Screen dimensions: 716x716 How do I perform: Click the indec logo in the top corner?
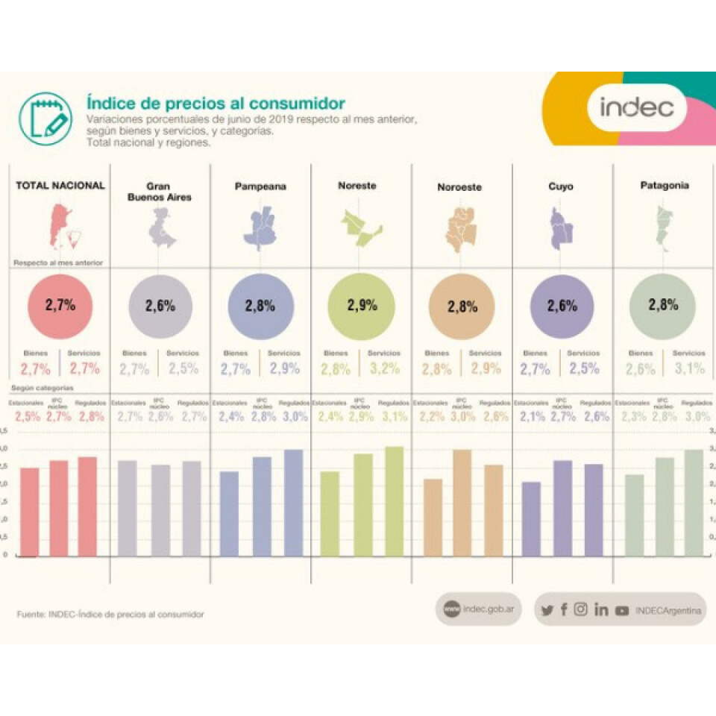(x=636, y=107)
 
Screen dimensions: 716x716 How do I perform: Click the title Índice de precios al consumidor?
(x=216, y=102)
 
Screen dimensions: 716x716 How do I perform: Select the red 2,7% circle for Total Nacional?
(x=60, y=304)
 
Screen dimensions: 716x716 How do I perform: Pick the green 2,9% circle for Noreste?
(x=362, y=304)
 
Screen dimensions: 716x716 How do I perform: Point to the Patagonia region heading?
(x=663, y=185)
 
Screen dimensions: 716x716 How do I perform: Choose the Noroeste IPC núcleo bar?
(x=460, y=503)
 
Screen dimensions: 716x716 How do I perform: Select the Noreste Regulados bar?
(x=394, y=501)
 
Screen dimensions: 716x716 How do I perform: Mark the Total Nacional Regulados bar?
(x=87, y=506)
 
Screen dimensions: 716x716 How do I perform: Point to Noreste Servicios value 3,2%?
(x=384, y=368)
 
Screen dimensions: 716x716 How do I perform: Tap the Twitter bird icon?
(x=547, y=610)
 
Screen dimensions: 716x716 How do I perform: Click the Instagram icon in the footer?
(x=581, y=609)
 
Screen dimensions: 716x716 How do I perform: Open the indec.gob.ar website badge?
(x=478, y=609)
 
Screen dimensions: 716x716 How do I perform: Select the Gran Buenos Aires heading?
(x=158, y=192)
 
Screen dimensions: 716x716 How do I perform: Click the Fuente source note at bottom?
(x=110, y=614)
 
